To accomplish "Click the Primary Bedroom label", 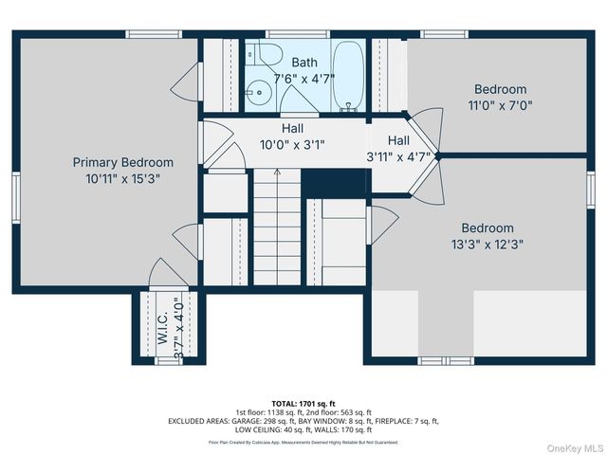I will [123, 162].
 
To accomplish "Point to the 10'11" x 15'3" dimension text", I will [123, 177].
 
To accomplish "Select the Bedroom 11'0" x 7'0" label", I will [500, 90].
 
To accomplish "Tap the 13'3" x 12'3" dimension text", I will [487, 244].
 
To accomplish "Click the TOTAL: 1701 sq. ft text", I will [303, 403].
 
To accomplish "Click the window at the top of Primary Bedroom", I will [154, 35].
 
